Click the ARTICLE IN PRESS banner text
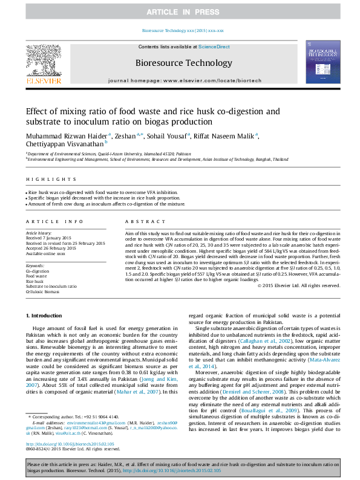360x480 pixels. pyautogui.click(x=180, y=12)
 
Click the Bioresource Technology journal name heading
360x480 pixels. pyautogui.click(x=180, y=62)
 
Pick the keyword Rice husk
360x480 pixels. pyautogui.click(x=34, y=281)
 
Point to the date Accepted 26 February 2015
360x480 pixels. pyautogui.click(x=51, y=248)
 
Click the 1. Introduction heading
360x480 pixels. pyautogui.click(x=44, y=316)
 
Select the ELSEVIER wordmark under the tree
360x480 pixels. pyautogui.click(x=43, y=80)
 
